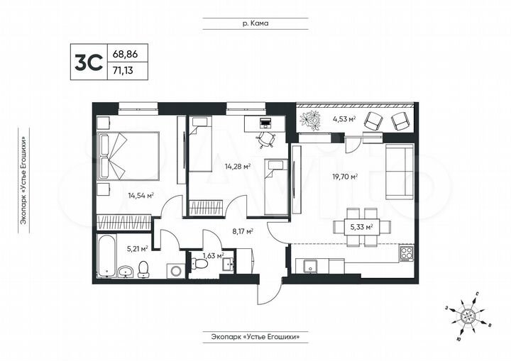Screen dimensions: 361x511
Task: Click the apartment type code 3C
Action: click(84, 62)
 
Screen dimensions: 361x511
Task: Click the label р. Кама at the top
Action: click(254, 23)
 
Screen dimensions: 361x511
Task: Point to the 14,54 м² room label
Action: click(141, 195)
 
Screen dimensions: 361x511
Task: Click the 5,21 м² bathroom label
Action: click(135, 248)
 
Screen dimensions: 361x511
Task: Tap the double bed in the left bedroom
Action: click(131, 157)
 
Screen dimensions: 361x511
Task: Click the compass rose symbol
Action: click(468, 313)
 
